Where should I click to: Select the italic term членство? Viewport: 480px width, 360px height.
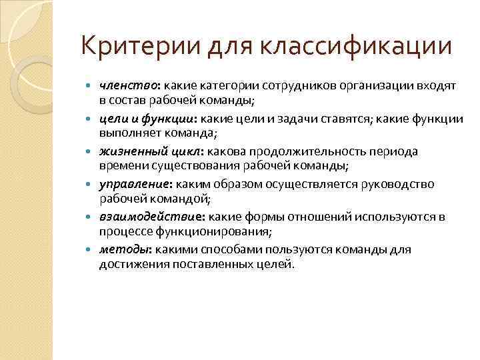[124, 86]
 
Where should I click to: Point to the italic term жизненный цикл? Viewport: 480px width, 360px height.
[138, 151]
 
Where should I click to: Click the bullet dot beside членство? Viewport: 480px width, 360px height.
[90, 87]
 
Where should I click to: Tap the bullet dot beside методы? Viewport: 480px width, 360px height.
[90, 250]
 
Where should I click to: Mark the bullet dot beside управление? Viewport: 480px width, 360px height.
[90, 185]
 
